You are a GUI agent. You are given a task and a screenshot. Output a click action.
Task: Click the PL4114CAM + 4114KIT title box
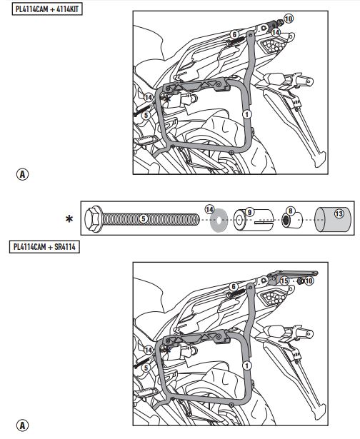click(47, 9)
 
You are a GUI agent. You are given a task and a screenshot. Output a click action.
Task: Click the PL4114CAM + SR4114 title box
click(44, 247)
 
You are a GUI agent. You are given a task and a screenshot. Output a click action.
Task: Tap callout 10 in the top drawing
click(289, 19)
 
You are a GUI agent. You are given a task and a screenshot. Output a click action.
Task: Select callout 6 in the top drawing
click(234, 34)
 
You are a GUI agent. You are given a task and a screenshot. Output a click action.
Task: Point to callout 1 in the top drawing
click(247, 114)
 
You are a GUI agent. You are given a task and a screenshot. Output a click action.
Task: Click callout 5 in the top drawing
click(146, 115)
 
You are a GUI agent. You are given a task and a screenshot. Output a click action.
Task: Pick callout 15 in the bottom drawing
click(284, 281)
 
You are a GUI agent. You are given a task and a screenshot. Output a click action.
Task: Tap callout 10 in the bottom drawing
click(309, 281)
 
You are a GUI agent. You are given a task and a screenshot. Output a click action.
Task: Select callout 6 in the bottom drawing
click(234, 286)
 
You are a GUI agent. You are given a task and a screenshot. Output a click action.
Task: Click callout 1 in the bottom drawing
click(247, 365)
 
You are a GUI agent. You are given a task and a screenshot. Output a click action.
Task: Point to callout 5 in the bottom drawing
click(146, 368)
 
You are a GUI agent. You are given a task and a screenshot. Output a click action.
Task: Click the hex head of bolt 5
click(94, 219)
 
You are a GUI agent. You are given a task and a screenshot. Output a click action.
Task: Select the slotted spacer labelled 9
click(254, 220)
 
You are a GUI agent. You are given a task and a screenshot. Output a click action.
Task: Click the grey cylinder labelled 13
click(333, 220)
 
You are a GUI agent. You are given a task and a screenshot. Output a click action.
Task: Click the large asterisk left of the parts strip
click(69, 219)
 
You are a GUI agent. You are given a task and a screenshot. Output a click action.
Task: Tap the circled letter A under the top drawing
click(22, 174)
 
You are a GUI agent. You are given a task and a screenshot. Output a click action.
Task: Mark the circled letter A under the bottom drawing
click(22, 425)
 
